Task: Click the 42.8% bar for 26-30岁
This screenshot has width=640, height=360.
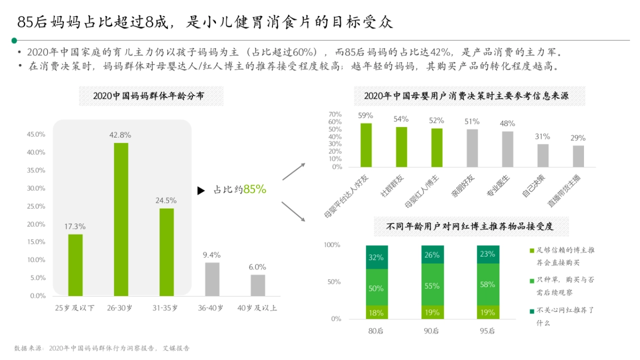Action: click(x=121, y=219)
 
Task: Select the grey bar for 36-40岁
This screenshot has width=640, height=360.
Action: click(x=212, y=279)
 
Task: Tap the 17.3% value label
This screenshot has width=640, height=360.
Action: click(x=75, y=227)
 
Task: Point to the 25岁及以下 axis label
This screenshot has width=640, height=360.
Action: click(x=75, y=308)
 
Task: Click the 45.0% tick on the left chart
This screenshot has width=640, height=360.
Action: click(x=37, y=134)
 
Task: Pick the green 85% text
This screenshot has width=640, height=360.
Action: click(x=254, y=189)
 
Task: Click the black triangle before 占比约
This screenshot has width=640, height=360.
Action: click(x=201, y=190)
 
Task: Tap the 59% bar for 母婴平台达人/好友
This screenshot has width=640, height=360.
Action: click(x=366, y=145)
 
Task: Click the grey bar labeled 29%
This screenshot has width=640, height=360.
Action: click(x=579, y=156)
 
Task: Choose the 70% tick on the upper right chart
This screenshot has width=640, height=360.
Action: click(x=335, y=115)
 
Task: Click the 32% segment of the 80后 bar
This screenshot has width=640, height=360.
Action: click(x=377, y=257)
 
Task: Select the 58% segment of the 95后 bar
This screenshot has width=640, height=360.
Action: click(x=487, y=284)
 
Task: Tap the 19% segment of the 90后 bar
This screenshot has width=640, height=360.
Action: click(x=432, y=312)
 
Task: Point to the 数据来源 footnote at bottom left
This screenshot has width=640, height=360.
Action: click(x=102, y=348)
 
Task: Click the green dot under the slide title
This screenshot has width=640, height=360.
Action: click(x=14, y=40)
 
